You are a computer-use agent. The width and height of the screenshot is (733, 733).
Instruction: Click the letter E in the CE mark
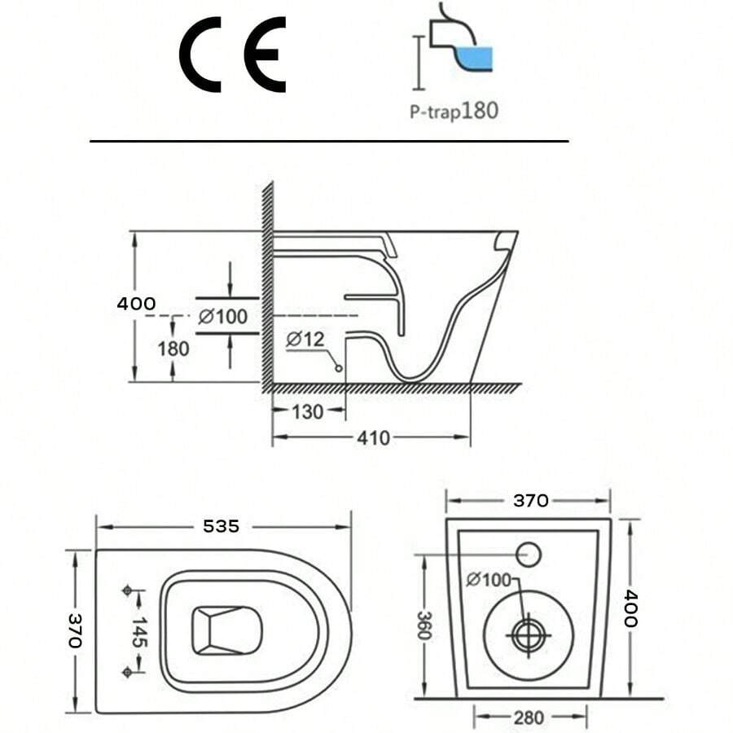point(267,55)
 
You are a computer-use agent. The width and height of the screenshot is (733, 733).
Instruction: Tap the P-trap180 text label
point(453,110)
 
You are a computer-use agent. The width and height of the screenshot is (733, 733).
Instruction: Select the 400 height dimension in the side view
point(136,304)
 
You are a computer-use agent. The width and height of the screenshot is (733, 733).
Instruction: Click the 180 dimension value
point(173,349)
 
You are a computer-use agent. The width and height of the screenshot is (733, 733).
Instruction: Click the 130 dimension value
point(308,411)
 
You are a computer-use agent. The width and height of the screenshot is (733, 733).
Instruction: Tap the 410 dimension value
point(372,438)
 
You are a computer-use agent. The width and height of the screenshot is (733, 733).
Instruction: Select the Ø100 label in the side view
point(222,315)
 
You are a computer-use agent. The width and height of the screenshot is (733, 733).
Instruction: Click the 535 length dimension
point(222,526)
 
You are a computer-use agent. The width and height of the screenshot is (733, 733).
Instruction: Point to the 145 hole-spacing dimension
point(138,631)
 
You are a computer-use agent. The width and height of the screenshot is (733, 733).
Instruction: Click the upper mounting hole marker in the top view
point(127,590)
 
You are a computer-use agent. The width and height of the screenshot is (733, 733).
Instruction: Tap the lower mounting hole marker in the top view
point(127,671)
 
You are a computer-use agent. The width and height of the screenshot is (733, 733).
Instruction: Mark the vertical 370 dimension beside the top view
point(75,631)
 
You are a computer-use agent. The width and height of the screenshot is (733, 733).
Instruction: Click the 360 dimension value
point(424,625)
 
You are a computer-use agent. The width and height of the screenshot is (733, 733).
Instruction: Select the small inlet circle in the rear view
point(529,554)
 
